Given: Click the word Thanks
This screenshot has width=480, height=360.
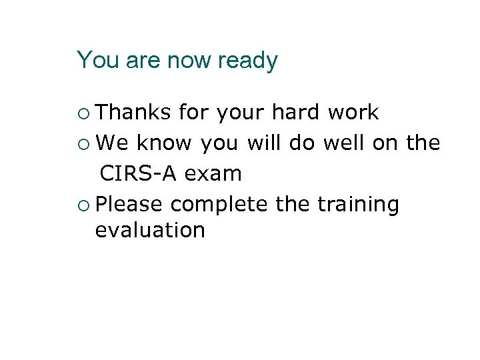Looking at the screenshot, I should click(133, 113).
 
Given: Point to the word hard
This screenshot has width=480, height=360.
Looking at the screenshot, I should click(297, 113).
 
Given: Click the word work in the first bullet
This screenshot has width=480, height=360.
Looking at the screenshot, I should click(353, 113).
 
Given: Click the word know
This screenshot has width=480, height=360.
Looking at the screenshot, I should click(164, 143).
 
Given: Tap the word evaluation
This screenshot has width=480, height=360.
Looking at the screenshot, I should click(150, 231).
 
